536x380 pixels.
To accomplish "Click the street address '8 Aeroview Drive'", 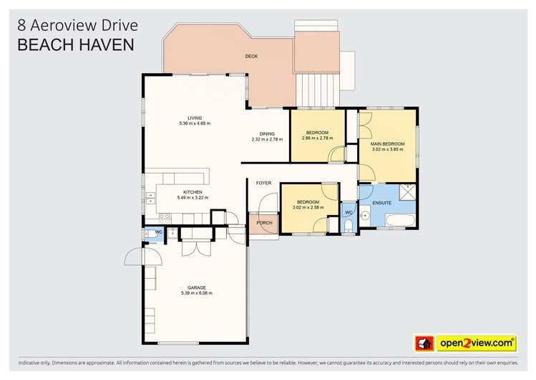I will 77,25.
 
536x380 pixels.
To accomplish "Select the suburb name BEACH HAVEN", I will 75,45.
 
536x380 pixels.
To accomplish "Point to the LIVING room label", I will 195,118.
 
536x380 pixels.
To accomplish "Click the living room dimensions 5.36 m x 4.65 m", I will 195,124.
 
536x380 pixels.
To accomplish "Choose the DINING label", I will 267,133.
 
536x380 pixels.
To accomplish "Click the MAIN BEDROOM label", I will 387,144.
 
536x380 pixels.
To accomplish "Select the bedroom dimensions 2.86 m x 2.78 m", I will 317,139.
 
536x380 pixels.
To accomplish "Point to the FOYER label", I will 263,183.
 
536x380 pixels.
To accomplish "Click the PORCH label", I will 263,223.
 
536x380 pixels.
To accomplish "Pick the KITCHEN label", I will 193,191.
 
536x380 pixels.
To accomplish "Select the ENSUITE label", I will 382,203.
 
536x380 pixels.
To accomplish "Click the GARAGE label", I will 196,288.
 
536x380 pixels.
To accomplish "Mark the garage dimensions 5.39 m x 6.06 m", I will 196,294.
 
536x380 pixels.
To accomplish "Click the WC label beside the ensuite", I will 349,212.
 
